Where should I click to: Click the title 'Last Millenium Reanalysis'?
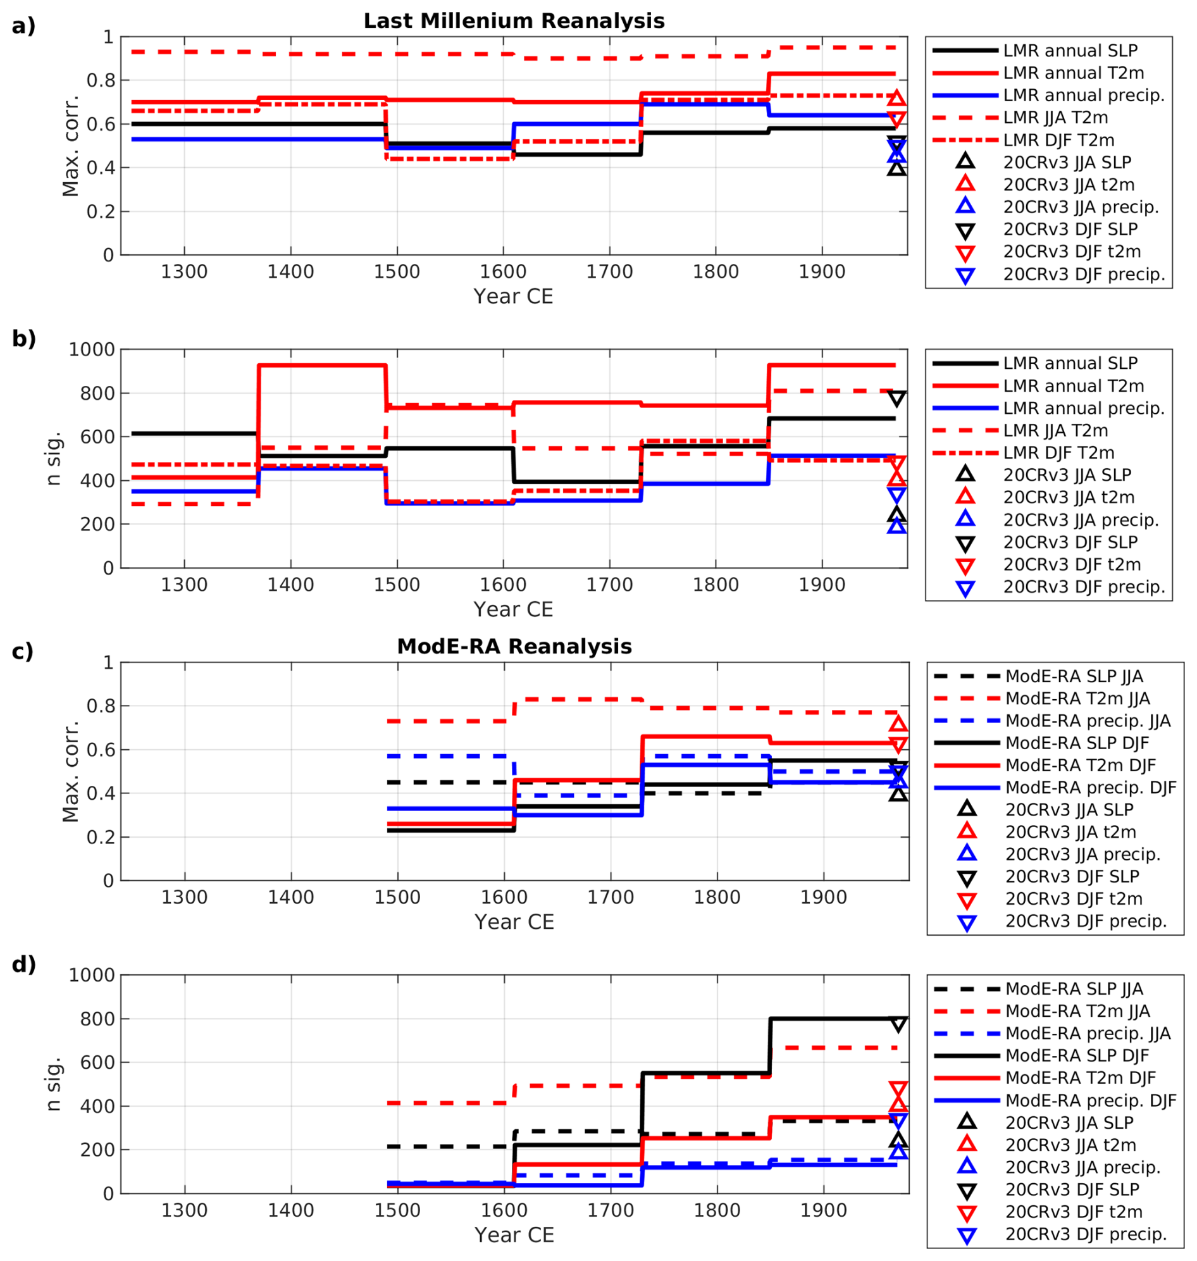click(x=514, y=21)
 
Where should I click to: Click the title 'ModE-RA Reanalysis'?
click(x=514, y=647)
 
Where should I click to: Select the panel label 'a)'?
click(x=23, y=26)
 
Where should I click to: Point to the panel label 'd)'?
click(x=23, y=964)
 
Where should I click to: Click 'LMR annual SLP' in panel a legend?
click(x=1070, y=51)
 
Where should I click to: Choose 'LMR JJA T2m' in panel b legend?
click(x=1055, y=431)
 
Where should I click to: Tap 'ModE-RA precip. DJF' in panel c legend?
click(x=1091, y=788)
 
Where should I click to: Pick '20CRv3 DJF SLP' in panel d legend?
click(x=1072, y=1190)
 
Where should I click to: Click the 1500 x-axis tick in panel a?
click(x=397, y=273)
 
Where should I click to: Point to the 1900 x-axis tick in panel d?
click(x=823, y=1210)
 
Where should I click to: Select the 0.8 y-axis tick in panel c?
click(x=100, y=707)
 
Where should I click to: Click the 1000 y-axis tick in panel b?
click(x=92, y=350)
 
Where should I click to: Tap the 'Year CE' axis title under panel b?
click(x=513, y=609)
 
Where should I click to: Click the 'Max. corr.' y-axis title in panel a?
click(x=70, y=146)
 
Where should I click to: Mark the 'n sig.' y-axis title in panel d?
click(x=54, y=1084)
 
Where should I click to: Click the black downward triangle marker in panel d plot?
click(x=898, y=1025)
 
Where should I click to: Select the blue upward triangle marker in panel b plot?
click(x=897, y=526)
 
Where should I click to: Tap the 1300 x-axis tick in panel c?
click(x=184, y=898)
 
